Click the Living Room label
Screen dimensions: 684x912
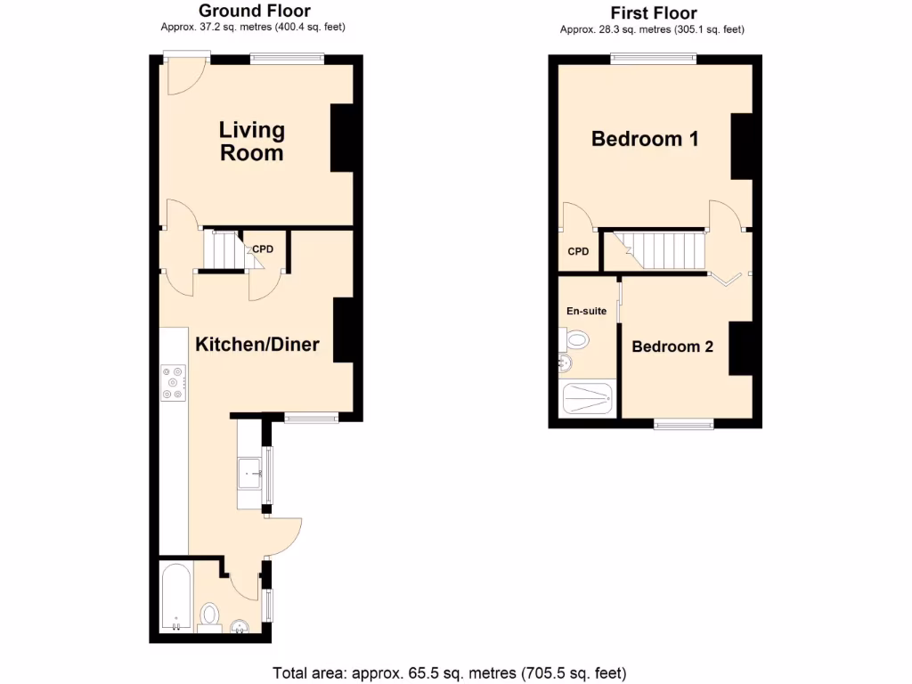(252, 142)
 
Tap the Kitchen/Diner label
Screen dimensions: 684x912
(256, 345)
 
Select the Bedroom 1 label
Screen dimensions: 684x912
(645, 139)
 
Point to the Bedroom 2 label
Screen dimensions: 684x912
(672, 346)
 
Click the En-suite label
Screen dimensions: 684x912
(586, 311)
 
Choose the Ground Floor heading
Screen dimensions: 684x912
(254, 11)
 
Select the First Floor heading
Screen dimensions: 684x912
(653, 12)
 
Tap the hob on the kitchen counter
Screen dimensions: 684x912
(172, 383)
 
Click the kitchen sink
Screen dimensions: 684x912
(248, 471)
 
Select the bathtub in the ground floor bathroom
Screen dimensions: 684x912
(175, 598)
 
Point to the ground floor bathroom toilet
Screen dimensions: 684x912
(209, 615)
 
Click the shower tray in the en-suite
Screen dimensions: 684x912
(588, 399)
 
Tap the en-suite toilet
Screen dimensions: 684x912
(576, 339)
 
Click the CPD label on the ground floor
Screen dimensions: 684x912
(262, 249)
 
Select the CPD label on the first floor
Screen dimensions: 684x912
(578, 252)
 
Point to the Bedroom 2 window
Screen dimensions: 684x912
(683, 424)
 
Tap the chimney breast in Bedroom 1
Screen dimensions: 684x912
(742, 147)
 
